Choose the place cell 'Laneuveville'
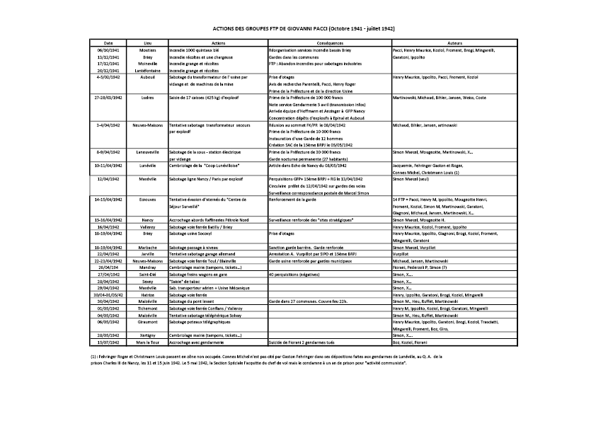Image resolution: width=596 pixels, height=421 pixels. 147,152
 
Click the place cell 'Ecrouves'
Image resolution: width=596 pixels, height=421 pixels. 147,200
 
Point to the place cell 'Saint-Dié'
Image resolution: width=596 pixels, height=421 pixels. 147,274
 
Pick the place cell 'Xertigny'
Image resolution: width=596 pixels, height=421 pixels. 147,335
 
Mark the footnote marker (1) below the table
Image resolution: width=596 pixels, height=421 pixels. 93,356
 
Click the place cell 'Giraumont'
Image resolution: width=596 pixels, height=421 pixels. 147,321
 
